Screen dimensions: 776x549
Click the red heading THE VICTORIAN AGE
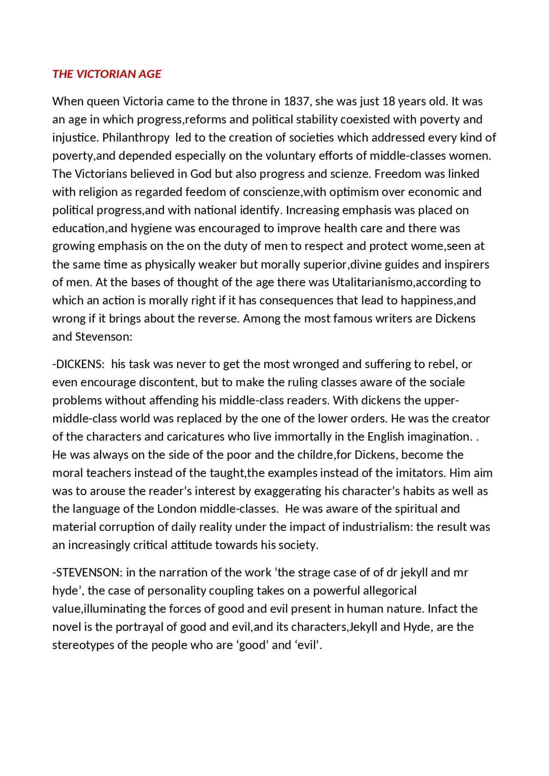click(x=106, y=74)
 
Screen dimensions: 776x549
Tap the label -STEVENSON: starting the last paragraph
click(x=87, y=573)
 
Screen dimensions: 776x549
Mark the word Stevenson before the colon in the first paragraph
click(x=102, y=337)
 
